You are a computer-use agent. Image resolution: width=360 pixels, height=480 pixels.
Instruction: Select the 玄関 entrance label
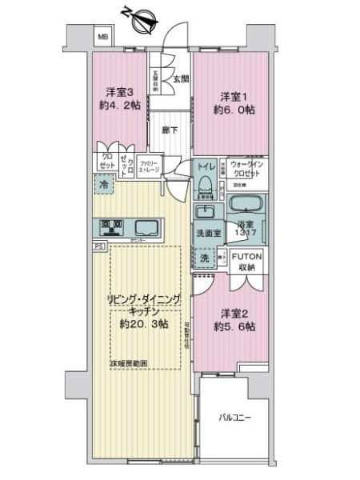point(180,78)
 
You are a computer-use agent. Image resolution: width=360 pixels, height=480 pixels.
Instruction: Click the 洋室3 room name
point(117,90)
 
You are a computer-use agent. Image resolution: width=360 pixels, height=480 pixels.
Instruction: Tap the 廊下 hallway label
point(169,129)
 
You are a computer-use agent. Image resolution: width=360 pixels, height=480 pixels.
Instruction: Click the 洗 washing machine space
point(204,258)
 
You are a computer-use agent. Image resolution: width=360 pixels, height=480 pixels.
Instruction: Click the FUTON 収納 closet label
point(250,262)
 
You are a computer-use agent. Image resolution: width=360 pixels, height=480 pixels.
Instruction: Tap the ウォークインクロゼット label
point(249,169)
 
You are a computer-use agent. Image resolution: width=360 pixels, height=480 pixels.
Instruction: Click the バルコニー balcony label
point(238,418)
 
